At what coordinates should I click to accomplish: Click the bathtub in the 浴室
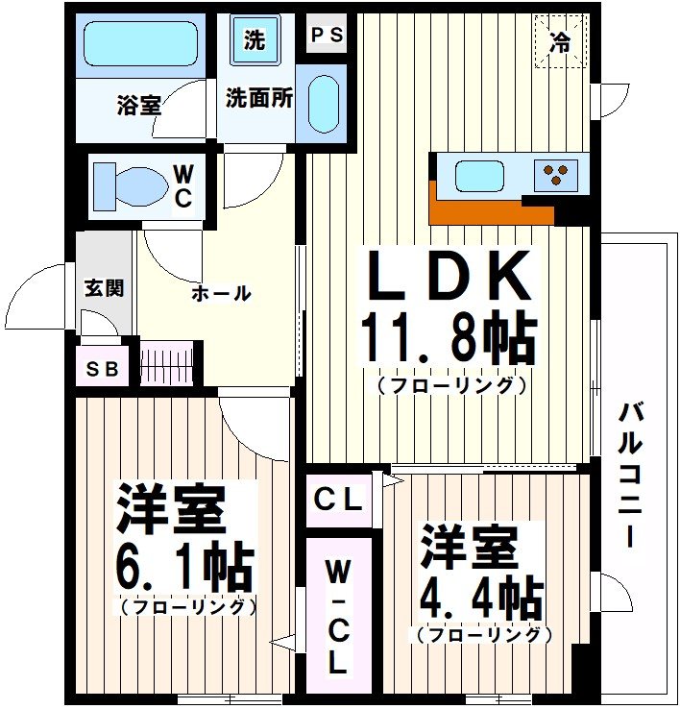pos(140,44)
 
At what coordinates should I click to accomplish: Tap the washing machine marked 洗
pos(254,41)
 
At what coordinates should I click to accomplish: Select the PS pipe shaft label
pos(327,37)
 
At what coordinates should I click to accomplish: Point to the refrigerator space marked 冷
pos(560,40)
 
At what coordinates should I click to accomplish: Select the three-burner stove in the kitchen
pos(555,175)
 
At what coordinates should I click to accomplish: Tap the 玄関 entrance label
pos(103,288)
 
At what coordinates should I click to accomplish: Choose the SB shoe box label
pos(101,370)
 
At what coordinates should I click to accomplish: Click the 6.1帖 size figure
pos(186,566)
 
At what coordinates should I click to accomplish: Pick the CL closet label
pos(339,501)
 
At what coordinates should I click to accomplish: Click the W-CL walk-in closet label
pos(337,618)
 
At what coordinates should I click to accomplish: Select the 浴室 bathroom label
pos(139,105)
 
